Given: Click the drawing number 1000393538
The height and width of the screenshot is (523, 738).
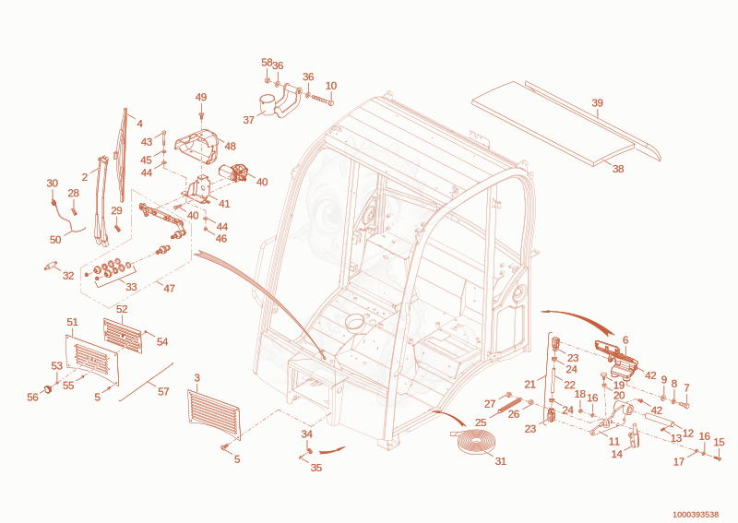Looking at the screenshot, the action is tap(696, 514).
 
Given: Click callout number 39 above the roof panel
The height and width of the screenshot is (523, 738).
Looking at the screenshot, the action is tap(597, 103).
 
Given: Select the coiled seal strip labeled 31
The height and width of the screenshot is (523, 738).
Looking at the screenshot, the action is tap(475, 443).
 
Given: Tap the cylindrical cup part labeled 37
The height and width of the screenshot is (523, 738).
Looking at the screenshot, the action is tap(268, 104).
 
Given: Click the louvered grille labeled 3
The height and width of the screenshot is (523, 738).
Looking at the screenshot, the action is tap(214, 414).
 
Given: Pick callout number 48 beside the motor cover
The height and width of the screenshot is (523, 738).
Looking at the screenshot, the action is tap(230, 146).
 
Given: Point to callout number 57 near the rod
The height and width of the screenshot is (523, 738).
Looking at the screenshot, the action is tap(163, 391).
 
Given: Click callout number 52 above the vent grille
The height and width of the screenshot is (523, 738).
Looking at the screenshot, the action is tap(122, 309).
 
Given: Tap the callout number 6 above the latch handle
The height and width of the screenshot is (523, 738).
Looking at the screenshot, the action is tap(625, 339).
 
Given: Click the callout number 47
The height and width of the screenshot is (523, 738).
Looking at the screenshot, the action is tap(169, 288).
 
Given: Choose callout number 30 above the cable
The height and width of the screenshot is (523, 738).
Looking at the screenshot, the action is tap(53, 184).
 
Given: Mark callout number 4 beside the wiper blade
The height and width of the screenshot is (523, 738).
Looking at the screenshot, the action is tap(140, 124).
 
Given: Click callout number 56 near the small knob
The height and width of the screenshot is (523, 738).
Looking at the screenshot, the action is tap(32, 398).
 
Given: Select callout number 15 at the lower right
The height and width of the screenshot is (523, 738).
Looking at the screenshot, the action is tap(719, 442).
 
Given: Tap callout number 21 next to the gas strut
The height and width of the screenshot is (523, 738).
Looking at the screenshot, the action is tap(530, 384).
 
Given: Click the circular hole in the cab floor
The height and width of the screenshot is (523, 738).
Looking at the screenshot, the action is tap(356, 323).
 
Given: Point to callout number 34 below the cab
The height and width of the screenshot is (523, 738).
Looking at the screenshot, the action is tap(307, 434).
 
